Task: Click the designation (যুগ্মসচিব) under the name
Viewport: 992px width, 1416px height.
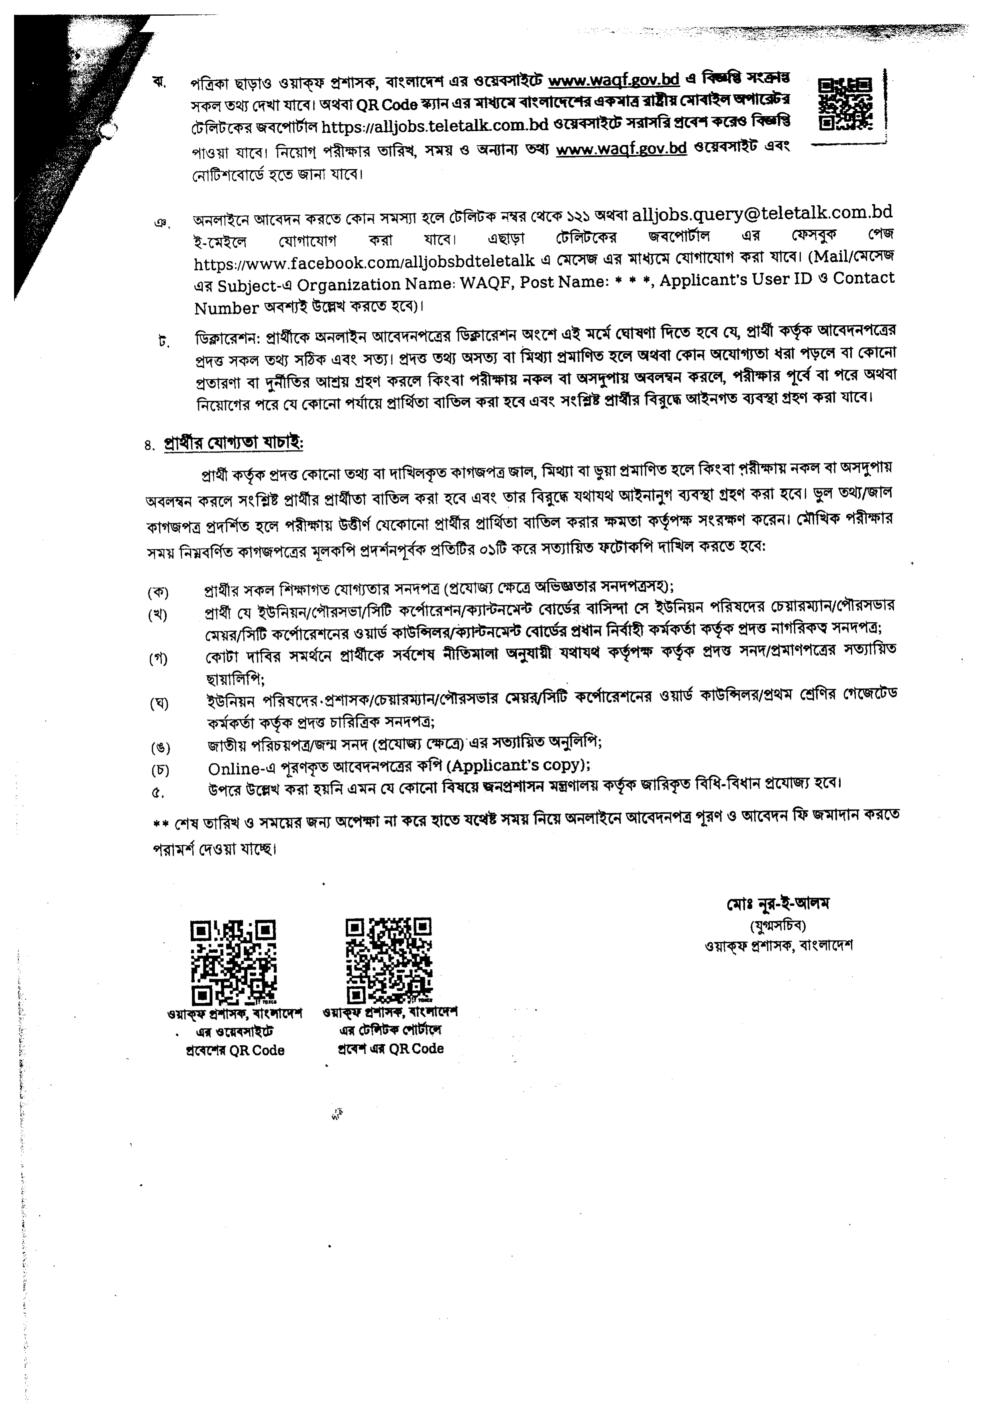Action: point(778,925)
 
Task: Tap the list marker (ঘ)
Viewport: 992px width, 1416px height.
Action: point(159,704)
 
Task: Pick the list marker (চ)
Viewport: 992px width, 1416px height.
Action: point(160,770)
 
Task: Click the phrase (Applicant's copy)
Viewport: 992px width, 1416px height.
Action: point(519,765)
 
